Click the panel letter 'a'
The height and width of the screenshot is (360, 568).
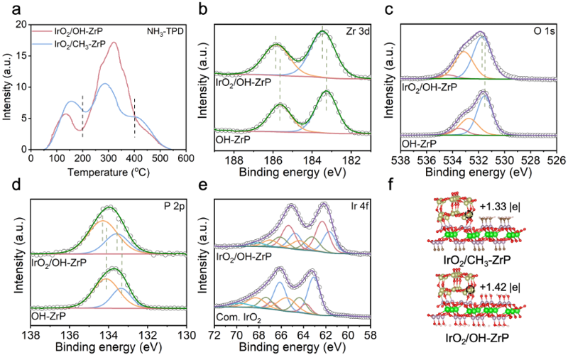point(9,9)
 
